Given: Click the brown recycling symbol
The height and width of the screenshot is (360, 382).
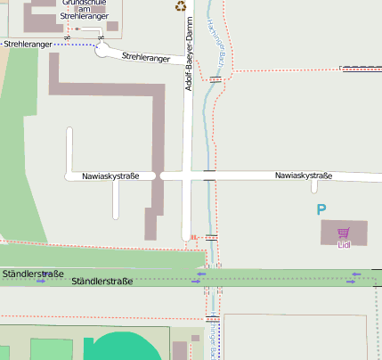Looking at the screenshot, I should click(182, 7).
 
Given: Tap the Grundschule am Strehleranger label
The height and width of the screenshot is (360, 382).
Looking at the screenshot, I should click(85, 10).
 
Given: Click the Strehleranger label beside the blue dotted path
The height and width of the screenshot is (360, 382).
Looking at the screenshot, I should click(27, 43).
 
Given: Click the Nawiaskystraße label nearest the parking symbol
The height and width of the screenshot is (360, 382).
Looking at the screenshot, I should click(303, 176).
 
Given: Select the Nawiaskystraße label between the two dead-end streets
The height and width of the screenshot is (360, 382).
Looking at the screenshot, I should click(110, 176).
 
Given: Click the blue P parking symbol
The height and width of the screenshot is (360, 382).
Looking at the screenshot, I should click(321, 210).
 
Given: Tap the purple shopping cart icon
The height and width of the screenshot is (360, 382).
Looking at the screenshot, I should click(343, 232).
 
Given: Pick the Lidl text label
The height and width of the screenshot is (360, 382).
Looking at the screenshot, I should click(344, 243).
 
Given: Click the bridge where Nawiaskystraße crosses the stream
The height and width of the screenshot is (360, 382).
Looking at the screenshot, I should click(209, 176).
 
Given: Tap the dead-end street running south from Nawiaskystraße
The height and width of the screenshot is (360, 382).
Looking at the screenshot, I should click(116, 200).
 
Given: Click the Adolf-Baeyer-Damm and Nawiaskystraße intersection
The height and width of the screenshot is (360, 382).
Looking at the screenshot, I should click(189, 176).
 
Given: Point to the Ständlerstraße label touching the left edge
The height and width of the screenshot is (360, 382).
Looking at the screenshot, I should click(31, 273).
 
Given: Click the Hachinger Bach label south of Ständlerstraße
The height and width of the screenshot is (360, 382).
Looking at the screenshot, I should click(214, 339).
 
